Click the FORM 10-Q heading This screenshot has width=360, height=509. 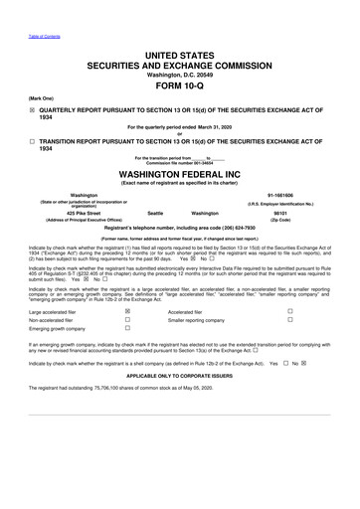179,85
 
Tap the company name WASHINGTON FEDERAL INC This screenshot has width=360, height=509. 179,176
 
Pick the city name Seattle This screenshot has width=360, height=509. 154,213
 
